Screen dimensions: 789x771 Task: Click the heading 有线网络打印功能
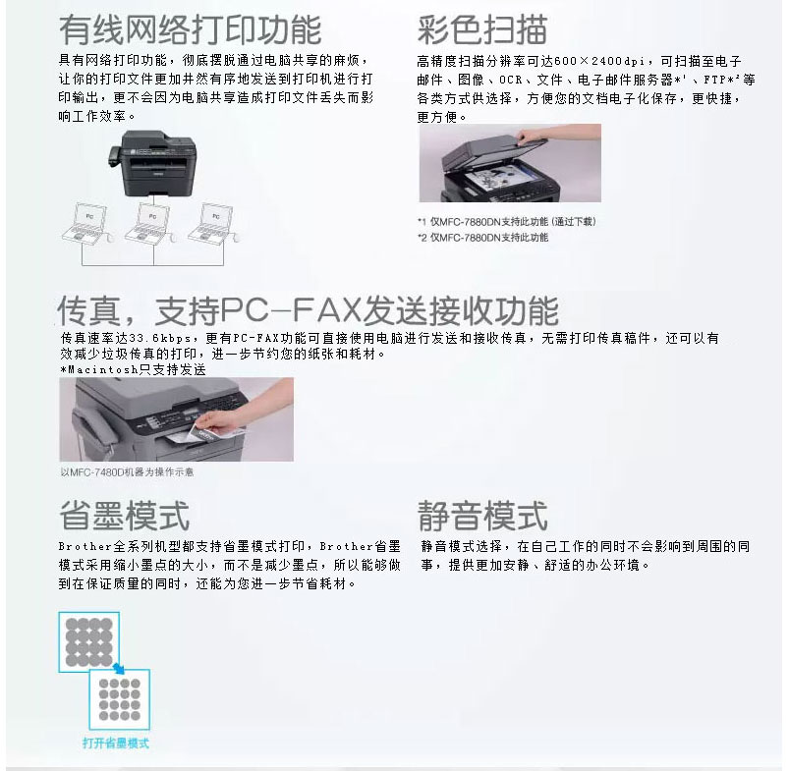point(191,29)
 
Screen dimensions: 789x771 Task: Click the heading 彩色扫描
point(482,29)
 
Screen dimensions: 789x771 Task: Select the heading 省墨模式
point(124,516)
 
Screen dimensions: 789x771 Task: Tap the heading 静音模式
point(482,516)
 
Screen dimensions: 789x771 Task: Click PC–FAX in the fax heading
point(291,309)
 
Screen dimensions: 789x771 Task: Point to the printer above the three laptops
point(152,163)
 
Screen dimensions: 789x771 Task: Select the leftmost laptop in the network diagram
point(85,223)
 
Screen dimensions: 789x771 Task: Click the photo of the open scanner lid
point(510,163)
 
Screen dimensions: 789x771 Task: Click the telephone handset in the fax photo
point(94,429)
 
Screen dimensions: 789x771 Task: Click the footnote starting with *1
point(506,222)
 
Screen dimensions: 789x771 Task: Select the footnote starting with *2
point(482,238)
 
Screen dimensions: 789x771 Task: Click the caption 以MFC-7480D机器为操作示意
point(127,472)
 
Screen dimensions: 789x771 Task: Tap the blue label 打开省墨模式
point(116,743)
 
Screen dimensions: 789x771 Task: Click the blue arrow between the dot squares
point(119,669)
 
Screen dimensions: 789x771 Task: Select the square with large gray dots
point(89,642)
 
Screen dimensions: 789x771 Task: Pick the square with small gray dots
point(120,699)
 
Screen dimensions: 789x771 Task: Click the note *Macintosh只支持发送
point(133,369)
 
